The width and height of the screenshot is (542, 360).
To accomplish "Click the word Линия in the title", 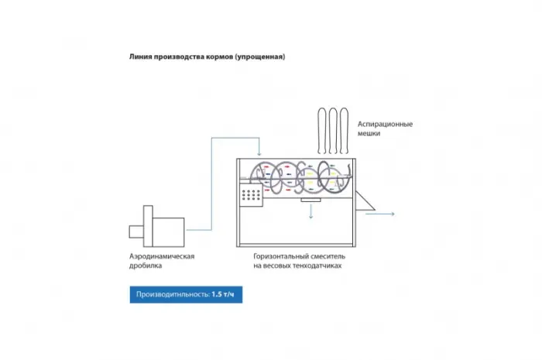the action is coord(140,57).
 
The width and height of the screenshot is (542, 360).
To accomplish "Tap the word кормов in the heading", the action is coord(219,57).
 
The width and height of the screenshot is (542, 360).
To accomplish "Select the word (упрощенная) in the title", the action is coord(260,57).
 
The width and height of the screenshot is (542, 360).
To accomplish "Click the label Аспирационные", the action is coord(385,124).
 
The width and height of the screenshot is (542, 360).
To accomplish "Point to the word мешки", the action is coord(369,133).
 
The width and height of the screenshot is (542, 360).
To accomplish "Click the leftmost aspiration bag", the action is coord(322,131).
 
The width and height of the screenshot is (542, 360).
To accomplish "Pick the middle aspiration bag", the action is coord(333,131).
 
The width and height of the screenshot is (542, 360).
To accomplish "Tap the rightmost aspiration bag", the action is coord(344,131).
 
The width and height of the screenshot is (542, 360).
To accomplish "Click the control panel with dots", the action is coord(252,195).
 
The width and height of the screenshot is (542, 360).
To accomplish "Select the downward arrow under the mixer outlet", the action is coord(310,211).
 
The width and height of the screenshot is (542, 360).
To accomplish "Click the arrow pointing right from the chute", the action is coord(380,214).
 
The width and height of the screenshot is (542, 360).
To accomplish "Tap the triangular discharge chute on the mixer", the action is coord(363,202).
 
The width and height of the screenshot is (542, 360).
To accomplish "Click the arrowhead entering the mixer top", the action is coord(259,153).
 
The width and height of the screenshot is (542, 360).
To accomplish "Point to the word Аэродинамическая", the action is coord(162,256).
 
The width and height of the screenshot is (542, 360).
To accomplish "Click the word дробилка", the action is coord(146,266).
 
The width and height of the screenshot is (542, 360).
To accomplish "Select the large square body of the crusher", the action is coord(168,232).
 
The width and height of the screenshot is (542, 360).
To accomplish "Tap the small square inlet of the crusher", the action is coord(136,231).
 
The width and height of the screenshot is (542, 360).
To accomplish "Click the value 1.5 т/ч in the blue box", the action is coord(223,294).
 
